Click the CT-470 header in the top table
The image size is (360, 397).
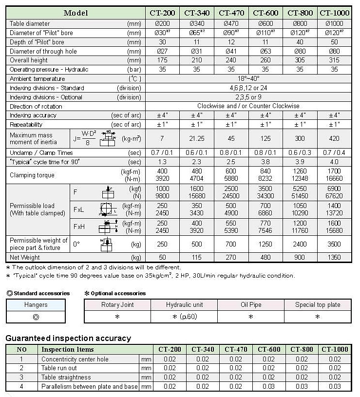click(x=232, y=13)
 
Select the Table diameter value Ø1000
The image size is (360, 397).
click(x=334, y=23)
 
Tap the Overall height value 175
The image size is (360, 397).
click(x=162, y=60)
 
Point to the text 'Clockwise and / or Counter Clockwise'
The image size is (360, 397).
click(x=248, y=106)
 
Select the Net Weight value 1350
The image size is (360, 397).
click(x=334, y=257)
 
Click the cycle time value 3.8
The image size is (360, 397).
click(x=265, y=161)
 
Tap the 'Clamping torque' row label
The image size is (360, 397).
click(x=32, y=175)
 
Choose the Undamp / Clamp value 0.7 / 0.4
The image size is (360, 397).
click(x=334, y=152)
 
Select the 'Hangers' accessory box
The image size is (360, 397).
click(x=36, y=305)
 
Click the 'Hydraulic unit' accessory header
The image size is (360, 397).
click(x=185, y=305)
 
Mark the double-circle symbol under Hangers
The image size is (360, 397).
click(x=36, y=317)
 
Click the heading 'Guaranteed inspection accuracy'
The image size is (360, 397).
click(x=68, y=338)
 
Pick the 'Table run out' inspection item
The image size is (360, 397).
click(x=59, y=368)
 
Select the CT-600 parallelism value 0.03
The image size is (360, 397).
click(x=268, y=386)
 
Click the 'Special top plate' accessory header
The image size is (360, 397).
click(x=318, y=305)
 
